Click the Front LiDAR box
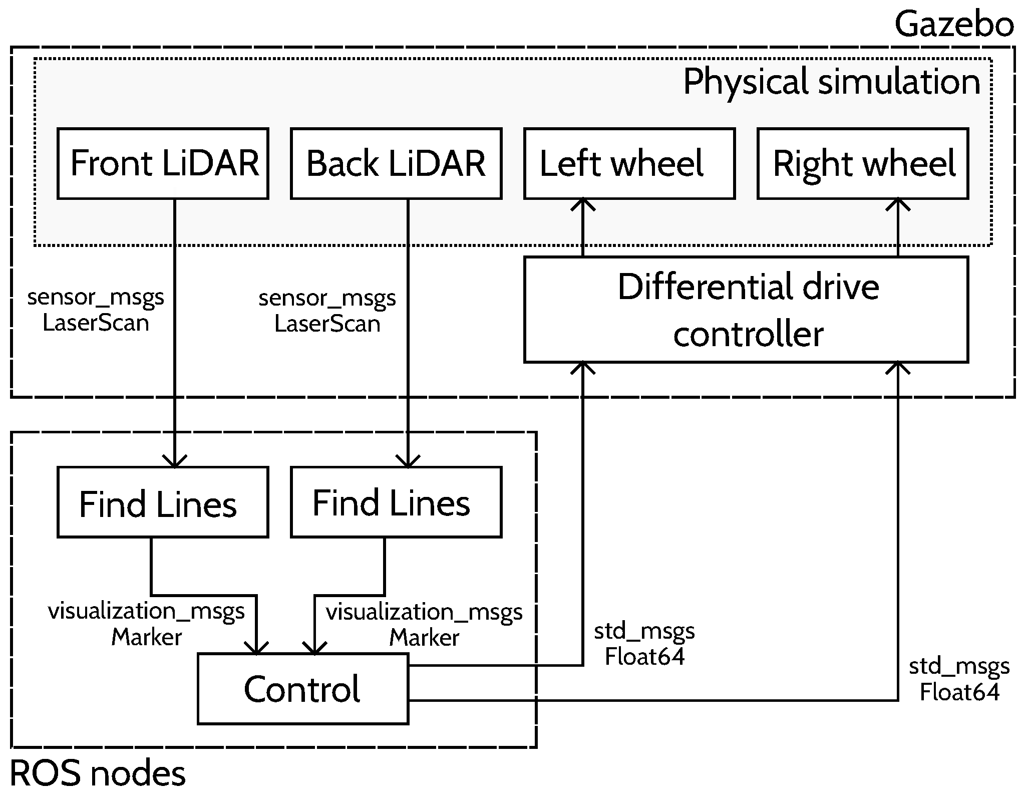163,163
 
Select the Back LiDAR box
396,163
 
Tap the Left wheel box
629,163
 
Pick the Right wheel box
862,163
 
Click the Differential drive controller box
746,309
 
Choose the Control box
302,688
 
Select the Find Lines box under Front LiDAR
163,502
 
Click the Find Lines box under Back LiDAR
396,502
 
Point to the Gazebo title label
953,24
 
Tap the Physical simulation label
831,81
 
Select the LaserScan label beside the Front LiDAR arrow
96,323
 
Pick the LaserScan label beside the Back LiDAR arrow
327,324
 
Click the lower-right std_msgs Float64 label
959,680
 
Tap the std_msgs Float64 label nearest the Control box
644,644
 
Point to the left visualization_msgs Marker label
146,624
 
